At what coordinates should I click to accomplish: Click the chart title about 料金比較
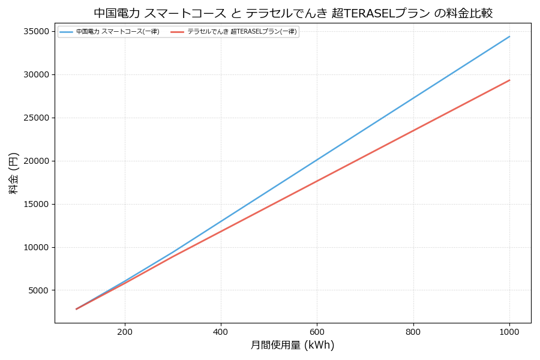[x=293, y=13]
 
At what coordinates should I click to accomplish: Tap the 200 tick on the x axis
[x=125, y=331]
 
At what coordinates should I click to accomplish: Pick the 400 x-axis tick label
[x=221, y=331]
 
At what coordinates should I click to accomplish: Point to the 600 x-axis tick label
[x=317, y=331]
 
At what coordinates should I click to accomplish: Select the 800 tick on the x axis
[x=413, y=331]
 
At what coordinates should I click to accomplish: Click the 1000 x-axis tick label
[x=509, y=331]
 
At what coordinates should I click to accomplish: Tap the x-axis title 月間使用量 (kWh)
[x=292, y=346]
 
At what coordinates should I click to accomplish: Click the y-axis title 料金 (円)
[x=13, y=173]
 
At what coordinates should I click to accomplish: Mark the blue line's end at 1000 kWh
[x=509, y=37]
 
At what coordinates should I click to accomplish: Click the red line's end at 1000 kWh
[x=509, y=80]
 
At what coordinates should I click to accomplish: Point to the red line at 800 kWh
[x=413, y=130]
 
